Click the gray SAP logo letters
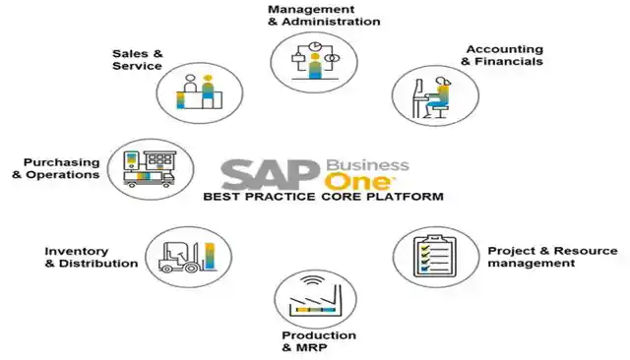(x=271, y=174)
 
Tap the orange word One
(x=357, y=182)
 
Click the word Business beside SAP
(x=367, y=165)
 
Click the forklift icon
(x=180, y=257)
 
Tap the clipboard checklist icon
(x=435, y=256)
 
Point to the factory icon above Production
(x=315, y=299)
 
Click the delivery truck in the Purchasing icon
(x=149, y=179)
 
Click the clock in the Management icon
(x=314, y=46)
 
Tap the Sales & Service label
(x=138, y=60)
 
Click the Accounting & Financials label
(x=502, y=55)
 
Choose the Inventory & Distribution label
(x=92, y=258)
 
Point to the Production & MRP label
(x=319, y=341)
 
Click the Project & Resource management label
(x=552, y=257)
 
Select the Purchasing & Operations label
(x=56, y=168)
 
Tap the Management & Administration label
(x=324, y=16)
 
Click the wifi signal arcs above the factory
(x=314, y=280)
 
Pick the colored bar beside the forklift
(x=210, y=256)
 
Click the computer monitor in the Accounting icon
(x=417, y=90)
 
